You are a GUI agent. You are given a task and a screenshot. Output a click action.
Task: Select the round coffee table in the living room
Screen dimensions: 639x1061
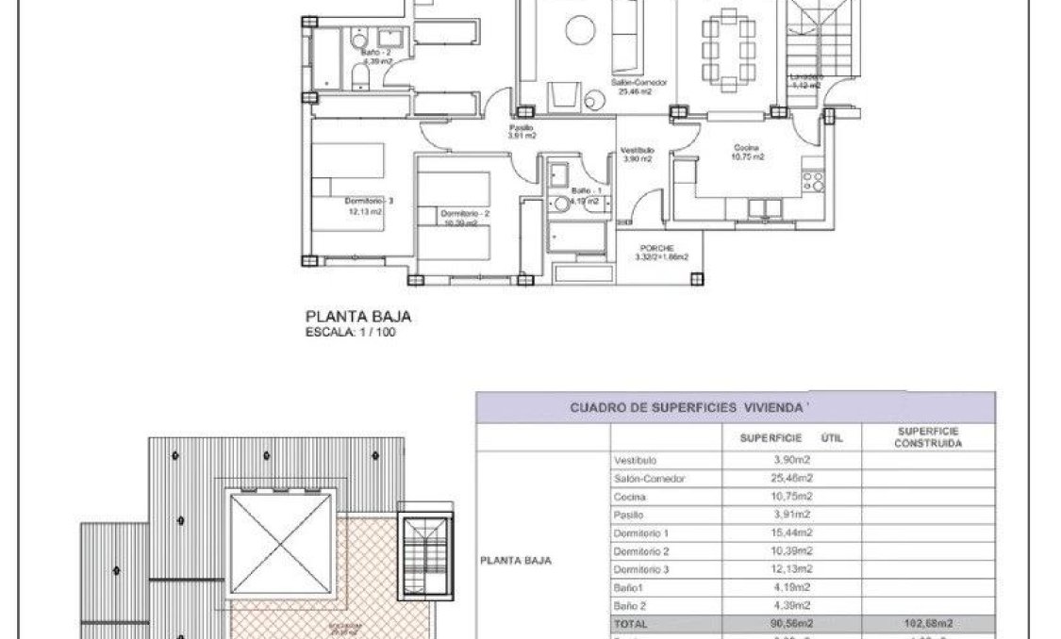coord(580,30)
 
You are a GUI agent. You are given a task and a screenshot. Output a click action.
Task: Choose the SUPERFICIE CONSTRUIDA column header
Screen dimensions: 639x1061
coord(928,436)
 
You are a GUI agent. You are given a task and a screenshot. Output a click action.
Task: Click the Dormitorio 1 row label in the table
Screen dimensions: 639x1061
coord(640,533)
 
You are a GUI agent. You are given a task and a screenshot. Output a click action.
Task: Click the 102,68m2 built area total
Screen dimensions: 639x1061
coord(928,624)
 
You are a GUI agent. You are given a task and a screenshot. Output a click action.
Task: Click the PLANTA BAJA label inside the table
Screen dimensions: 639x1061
coord(516,560)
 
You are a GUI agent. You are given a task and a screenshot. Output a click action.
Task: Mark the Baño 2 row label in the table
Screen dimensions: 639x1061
coord(630,606)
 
